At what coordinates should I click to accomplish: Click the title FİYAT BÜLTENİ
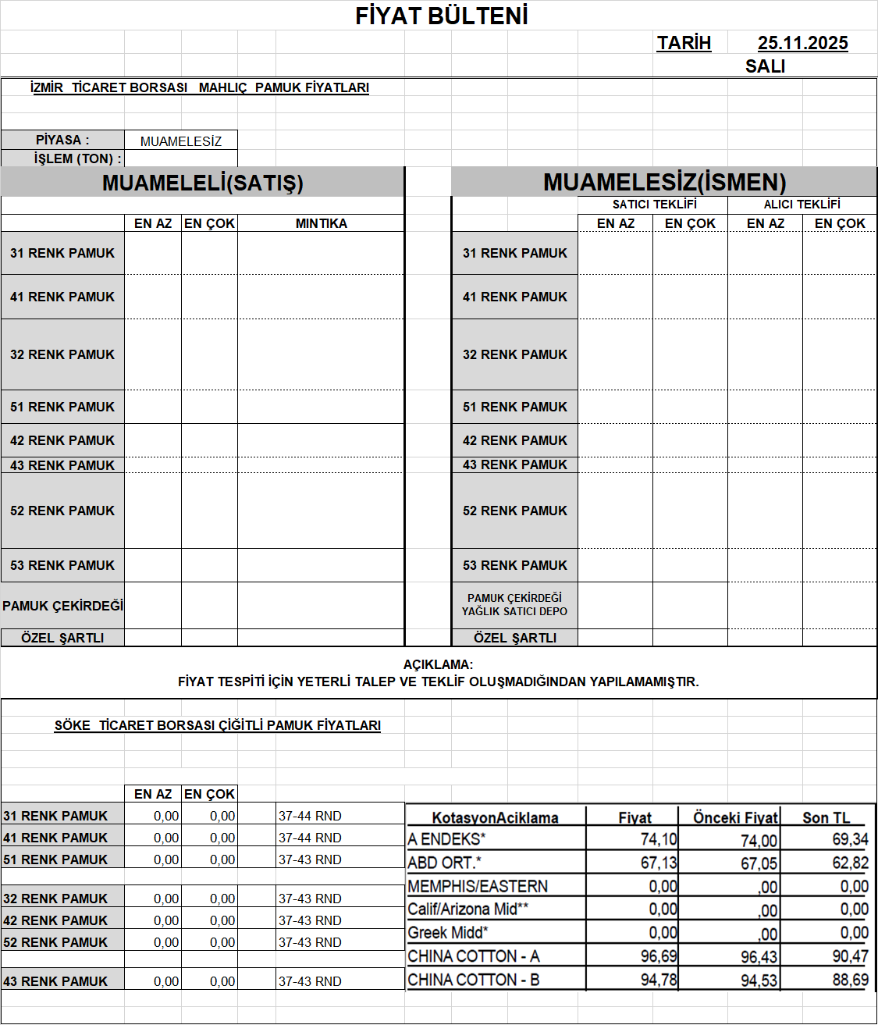(x=442, y=16)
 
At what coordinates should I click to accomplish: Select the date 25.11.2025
(x=802, y=43)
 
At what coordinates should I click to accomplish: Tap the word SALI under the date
(x=765, y=66)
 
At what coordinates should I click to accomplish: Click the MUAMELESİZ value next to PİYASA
(x=181, y=141)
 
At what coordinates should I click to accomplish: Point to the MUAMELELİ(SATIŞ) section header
(x=203, y=183)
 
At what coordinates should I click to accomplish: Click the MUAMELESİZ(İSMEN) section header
(x=664, y=182)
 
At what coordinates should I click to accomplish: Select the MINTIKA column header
(x=321, y=223)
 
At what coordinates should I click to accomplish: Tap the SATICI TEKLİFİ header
(x=654, y=205)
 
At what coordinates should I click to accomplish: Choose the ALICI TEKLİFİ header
(x=802, y=205)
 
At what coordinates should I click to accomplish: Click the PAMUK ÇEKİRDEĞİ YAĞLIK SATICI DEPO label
(x=514, y=605)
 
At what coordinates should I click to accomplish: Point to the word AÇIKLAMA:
(x=438, y=664)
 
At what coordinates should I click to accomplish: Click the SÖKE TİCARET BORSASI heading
(x=217, y=725)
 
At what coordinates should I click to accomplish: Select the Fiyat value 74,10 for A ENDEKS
(x=659, y=839)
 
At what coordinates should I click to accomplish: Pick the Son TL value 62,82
(x=850, y=863)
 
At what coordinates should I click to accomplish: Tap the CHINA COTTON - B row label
(x=474, y=980)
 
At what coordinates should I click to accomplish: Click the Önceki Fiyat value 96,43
(x=759, y=957)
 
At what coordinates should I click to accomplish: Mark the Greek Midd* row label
(x=448, y=933)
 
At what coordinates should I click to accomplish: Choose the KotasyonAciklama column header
(x=495, y=817)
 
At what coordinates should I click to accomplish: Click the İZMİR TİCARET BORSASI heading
(x=199, y=87)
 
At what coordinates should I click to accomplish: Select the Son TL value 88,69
(x=850, y=980)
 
